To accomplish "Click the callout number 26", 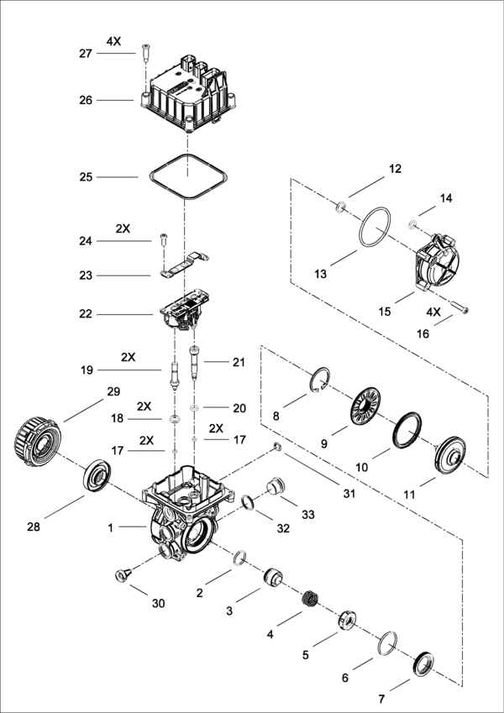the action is tap(86, 100).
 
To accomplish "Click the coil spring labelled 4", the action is tap(310, 597).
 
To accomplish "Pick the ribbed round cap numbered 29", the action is tap(38, 443).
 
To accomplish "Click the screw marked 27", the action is tap(145, 54).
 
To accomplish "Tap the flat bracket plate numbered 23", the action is tap(184, 265).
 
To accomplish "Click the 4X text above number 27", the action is tap(113, 41).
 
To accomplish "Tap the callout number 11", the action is tap(409, 495).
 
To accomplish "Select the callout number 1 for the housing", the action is tap(110, 528).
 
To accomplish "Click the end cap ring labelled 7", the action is tap(423, 664).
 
